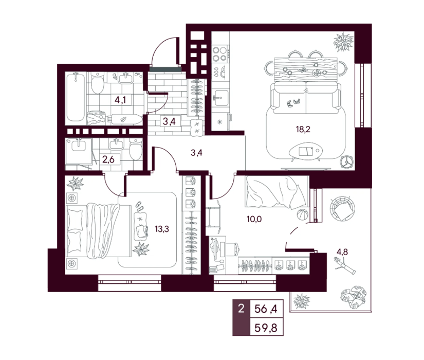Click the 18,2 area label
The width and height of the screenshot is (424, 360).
tap(303, 130)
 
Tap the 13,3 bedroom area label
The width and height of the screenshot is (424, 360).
tap(162, 229)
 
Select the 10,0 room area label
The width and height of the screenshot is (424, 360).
tap(254, 219)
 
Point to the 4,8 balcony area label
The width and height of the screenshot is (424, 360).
tap(342, 252)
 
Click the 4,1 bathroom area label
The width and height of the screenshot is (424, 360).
tap(120, 100)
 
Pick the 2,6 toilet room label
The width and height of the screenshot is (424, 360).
tap(108, 159)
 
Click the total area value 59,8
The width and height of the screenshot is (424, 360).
tap(266, 328)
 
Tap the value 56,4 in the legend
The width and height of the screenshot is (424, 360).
tap(266, 308)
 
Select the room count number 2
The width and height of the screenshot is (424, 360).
tap(241, 308)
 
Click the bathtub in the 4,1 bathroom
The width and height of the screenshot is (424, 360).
tap(76, 97)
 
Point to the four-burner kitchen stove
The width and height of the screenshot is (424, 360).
tap(219, 54)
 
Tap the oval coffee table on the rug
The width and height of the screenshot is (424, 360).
tap(306, 152)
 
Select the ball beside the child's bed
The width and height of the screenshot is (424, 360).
tap(302, 215)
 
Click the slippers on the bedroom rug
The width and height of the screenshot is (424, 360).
tap(139, 206)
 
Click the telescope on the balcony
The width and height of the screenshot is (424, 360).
tap(345, 266)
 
